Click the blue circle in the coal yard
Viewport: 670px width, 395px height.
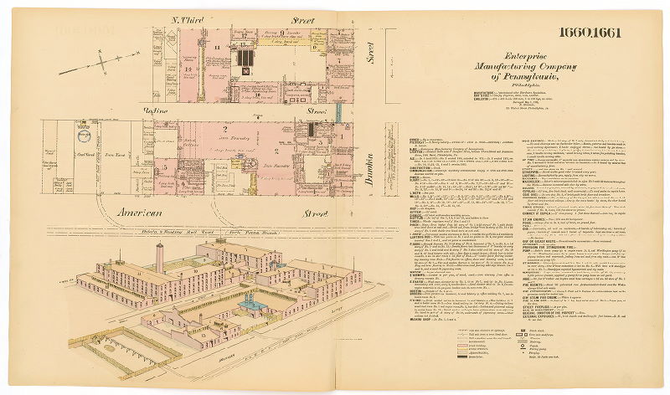point(85,133)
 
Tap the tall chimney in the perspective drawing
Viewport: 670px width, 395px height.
point(160,259)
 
